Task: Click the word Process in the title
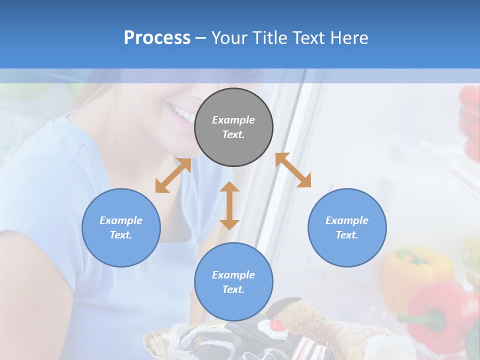(x=157, y=38)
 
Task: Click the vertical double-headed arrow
(x=229, y=205)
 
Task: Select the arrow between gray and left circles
(x=173, y=175)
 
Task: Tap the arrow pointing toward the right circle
(x=293, y=170)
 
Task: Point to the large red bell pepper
(x=440, y=310)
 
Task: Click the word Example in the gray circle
(x=233, y=120)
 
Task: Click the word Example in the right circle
(x=347, y=220)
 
